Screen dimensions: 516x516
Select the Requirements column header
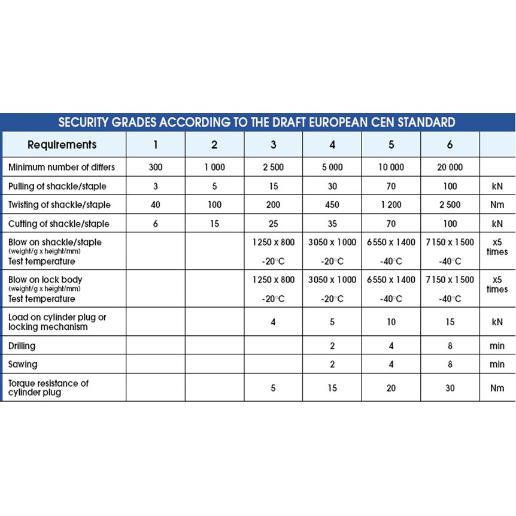(x=62, y=145)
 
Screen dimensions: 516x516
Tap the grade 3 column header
(x=273, y=145)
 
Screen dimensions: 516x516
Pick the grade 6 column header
(x=450, y=145)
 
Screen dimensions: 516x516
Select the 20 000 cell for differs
(x=450, y=168)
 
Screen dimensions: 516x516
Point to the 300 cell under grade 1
(x=155, y=168)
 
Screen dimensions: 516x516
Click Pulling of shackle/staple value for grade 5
(x=391, y=186)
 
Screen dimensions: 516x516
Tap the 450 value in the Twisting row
(x=332, y=205)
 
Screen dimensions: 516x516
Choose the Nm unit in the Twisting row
(x=496, y=205)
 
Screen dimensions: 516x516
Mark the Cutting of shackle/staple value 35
(x=332, y=224)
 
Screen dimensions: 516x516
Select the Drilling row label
(x=22, y=346)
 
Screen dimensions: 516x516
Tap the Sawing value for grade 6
(x=450, y=364)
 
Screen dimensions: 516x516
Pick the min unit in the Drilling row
(x=496, y=346)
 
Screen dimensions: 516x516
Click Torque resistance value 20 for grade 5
(x=391, y=388)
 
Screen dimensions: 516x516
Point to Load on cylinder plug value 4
(x=273, y=322)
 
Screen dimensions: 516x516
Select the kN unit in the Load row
(x=496, y=322)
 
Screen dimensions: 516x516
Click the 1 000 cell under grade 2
(x=214, y=168)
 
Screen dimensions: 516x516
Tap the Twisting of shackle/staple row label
(x=59, y=205)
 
